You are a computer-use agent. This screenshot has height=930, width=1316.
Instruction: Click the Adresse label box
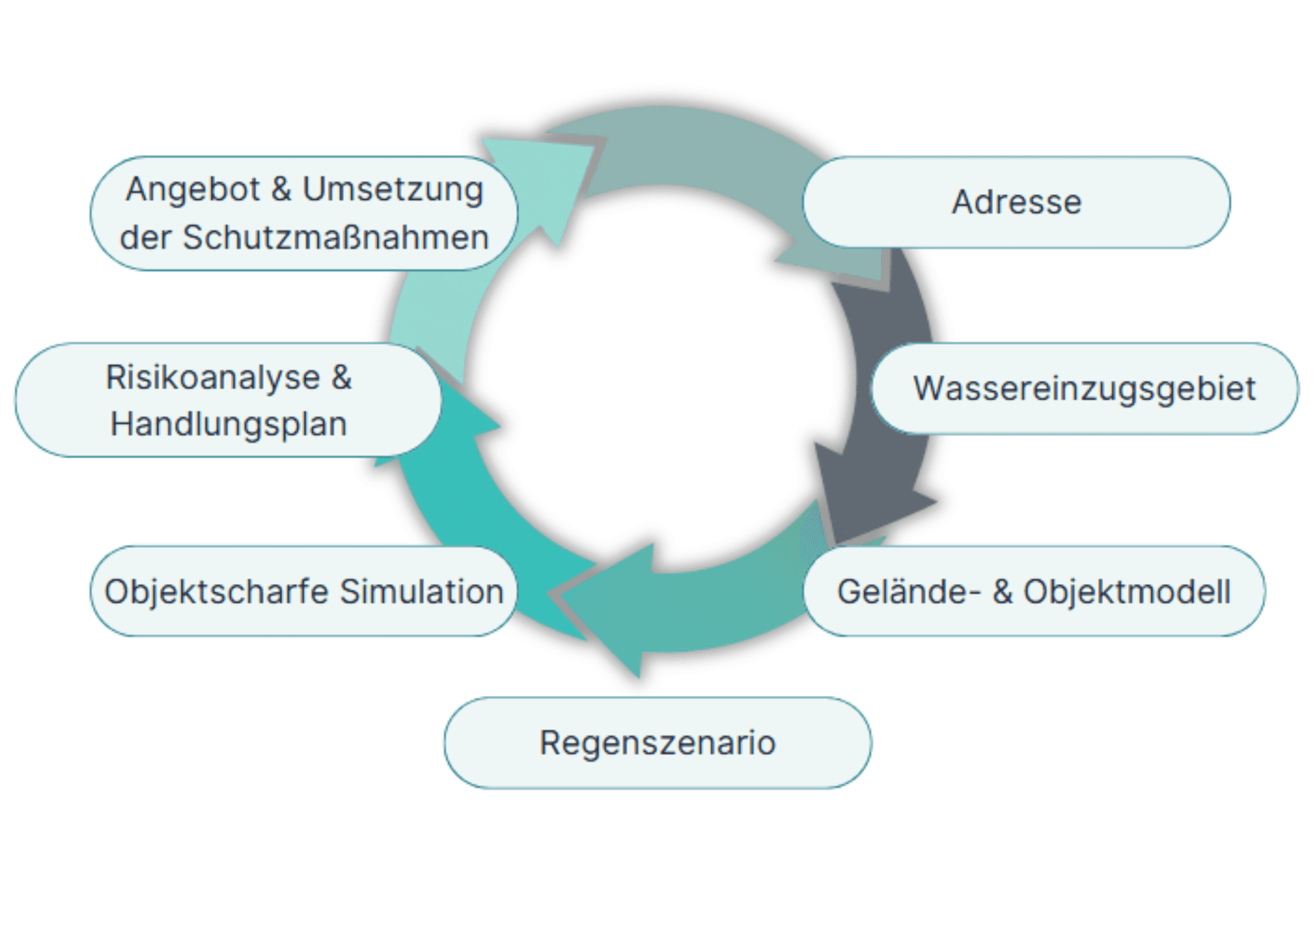point(1016,202)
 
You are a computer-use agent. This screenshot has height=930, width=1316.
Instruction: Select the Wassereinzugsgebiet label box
point(1084,388)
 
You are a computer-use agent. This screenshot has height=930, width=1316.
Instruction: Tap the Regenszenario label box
point(657,743)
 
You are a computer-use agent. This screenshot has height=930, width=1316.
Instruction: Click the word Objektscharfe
point(216,591)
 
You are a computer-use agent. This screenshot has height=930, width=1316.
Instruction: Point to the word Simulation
point(422,591)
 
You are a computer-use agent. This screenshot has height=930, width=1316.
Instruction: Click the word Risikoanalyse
point(213,378)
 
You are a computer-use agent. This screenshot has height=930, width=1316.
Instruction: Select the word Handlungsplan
point(228,424)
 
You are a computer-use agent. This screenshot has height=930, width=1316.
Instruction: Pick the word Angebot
point(193,190)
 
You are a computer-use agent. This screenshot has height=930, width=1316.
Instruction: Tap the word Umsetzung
point(393,190)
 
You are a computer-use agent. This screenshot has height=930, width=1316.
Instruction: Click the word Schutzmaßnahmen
point(336,237)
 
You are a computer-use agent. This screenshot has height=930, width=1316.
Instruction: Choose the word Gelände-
point(908,591)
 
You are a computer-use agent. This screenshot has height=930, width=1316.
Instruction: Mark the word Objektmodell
point(1126,591)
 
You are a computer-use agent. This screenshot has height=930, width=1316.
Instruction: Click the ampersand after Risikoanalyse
point(342,378)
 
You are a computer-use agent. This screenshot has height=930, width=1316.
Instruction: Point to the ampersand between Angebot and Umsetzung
point(281,189)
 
